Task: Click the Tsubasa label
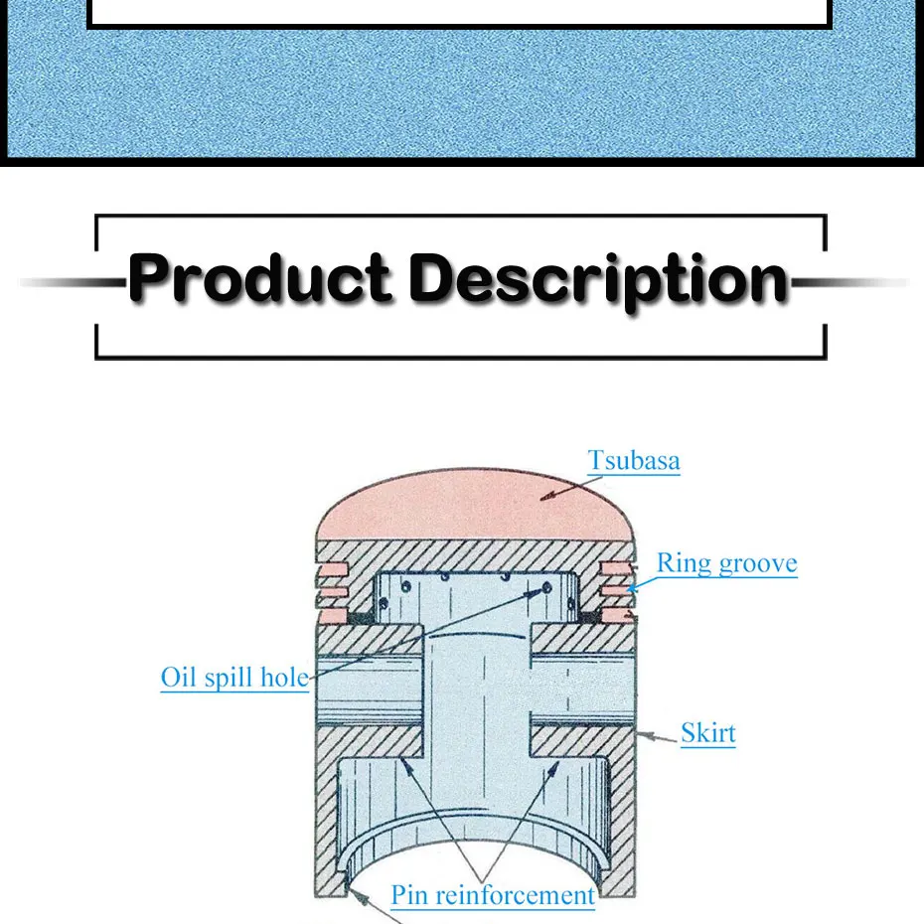pyautogui.click(x=634, y=461)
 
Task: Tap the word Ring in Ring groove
pyautogui.click(x=684, y=563)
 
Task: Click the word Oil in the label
pyautogui.click(x=179, y=678)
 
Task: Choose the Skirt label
pyautogui.click(x=707, y=733)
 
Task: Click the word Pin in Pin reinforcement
pyautogui.click(x=410, y=894)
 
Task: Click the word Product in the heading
pyautogui.click(x=259, y=278)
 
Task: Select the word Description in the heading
pyautogui.click(x=598, y=280)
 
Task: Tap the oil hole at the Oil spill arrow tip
pyautogui.click(x=545, y=589)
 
